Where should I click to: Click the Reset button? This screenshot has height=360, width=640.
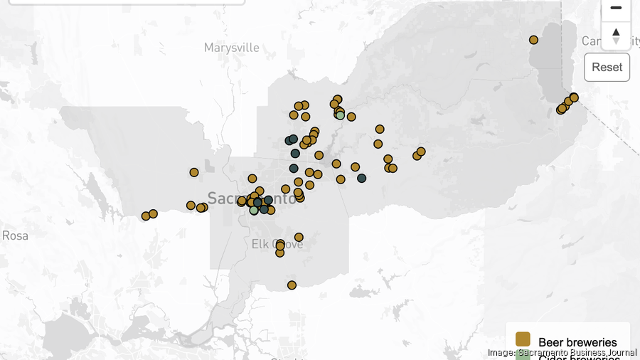607,67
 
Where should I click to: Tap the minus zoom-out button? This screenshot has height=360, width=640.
616,8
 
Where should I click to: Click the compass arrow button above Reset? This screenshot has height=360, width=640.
616,36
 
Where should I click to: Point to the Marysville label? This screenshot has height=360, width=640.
232,48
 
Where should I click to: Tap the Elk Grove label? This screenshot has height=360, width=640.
277,244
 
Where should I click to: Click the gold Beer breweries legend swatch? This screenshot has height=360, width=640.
523,339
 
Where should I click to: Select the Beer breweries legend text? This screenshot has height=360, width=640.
577,343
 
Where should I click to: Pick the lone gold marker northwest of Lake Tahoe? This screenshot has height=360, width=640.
533,40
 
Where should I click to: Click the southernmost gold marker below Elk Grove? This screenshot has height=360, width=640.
292,285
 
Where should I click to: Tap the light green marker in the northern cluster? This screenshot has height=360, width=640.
340,115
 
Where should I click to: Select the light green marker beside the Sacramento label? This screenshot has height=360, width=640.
254,210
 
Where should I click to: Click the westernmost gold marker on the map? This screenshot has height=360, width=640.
146,216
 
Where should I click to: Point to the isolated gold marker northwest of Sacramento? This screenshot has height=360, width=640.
194,172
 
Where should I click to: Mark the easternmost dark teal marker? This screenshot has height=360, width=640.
361,178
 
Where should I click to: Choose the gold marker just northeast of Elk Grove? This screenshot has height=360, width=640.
299,237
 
